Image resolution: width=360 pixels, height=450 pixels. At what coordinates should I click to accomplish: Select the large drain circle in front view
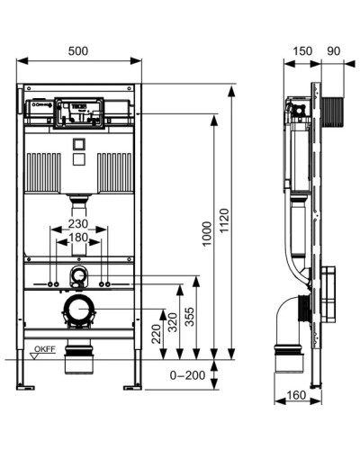click(78, 310)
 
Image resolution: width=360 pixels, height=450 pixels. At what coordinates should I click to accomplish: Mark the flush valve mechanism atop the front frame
click(77, 112)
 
